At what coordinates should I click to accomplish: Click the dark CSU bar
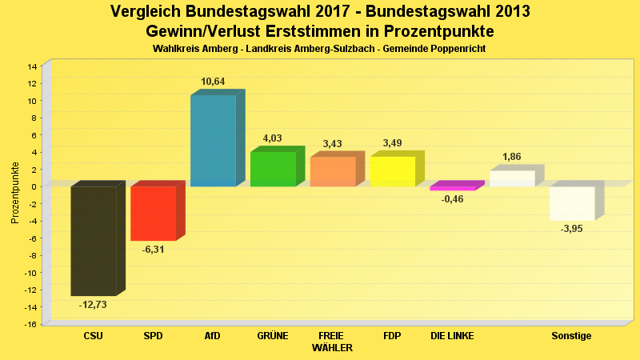[x=94, y=240]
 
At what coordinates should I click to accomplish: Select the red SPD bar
[x=153, y=213]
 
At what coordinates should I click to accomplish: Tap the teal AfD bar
[x=213, y=140]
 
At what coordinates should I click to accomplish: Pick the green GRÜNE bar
[x=273, y=169]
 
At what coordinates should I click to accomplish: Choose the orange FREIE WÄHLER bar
[x=332, y=171]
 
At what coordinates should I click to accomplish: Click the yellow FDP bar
[x=392, y=171]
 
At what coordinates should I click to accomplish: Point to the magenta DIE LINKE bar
[x=452, y=189]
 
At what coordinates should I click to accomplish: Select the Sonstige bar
[x=572, y=203]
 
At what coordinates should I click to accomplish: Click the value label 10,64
[x=213, y=82]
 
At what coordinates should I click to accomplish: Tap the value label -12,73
[x=93, y=305]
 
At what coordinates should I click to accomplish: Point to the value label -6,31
[x=153, y=250]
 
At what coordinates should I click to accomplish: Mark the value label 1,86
[x=512, y=157]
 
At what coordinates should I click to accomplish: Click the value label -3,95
[x=572, y=229]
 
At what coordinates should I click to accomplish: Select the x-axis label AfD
[x=213, y=336]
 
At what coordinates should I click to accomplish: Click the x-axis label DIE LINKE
[x=452, y=336]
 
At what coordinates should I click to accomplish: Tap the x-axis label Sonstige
[x=571, y=336]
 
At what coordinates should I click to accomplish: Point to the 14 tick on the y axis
[x=33, y=66]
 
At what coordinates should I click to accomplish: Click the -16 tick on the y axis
[x=32, y=324]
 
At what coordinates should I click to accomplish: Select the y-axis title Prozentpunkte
[x=15, y=193]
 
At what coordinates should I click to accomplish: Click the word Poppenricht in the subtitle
[x=459, y=50]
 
